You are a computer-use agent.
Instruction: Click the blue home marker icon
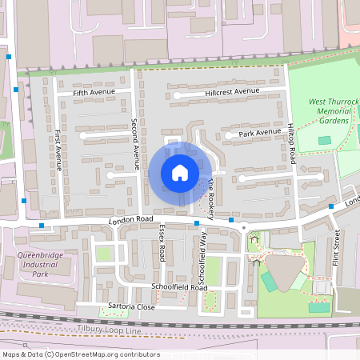180,173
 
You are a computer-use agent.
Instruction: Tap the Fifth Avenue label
94,92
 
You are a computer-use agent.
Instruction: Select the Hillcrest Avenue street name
232,92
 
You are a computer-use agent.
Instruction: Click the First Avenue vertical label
58,151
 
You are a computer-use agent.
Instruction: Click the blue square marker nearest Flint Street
330,206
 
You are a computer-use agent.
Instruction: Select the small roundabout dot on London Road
244,226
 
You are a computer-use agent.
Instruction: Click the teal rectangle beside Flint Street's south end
319,307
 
